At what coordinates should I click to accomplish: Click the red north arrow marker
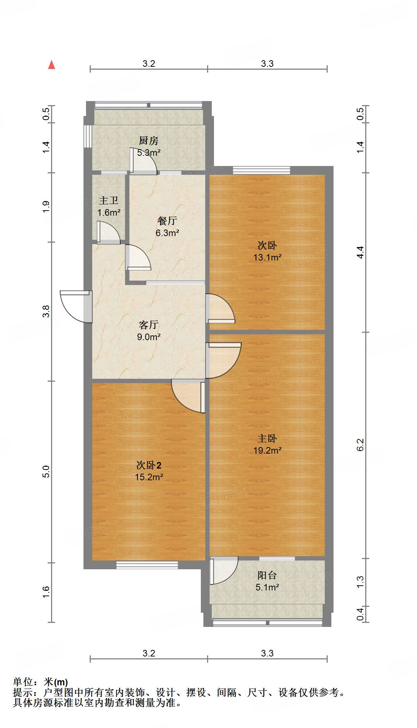click(x=52, y=65)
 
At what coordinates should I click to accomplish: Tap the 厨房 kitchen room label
click(x=148, y=140)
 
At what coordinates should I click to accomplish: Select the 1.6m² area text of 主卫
click(x=109, y=212)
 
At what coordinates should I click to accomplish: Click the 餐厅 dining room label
click(x=167, y=221)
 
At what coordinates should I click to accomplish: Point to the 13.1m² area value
click(x=267, y=257)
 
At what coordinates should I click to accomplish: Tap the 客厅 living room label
click(x=148, y=325)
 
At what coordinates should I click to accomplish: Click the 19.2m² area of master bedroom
click(x=267, y=450)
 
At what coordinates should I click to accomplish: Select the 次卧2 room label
click(x=148, y=465)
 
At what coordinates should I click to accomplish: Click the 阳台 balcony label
click(x=267, y=575)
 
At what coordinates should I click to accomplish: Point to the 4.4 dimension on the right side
click(x=360, y=252)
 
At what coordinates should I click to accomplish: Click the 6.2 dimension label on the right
click(x=360, y=444)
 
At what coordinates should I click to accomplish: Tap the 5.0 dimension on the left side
click(x=46, y=471)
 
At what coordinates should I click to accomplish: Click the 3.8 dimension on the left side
click(x=46, y=311)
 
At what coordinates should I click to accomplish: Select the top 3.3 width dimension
click(x=267, y=64)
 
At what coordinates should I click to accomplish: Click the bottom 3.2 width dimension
click(x=149, y=653)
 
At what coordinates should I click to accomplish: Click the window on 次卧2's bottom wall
click(x=147, y=565)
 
